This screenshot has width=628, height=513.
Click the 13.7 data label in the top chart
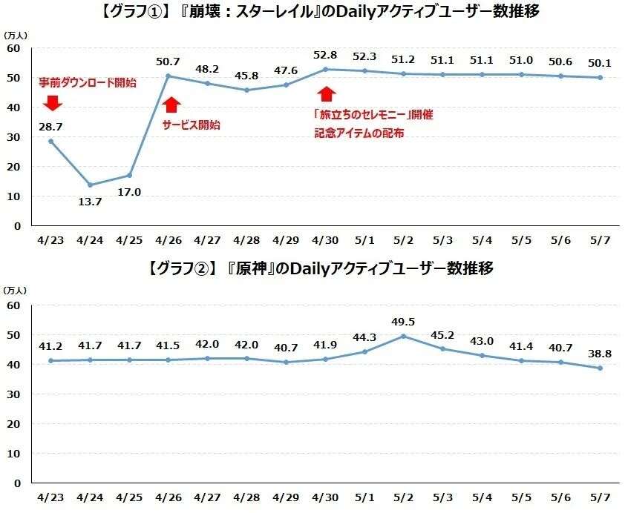click(x=90, y=201)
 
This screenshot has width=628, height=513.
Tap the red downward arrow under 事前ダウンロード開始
click(x=51, y=102)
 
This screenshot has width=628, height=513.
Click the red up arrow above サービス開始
click(x=171, y=105)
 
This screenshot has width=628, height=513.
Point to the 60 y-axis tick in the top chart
click(x=14, y=49)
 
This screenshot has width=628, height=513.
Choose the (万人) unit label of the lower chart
click(x=15, y=290)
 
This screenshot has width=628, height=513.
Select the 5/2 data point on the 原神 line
click(x=403, y=336)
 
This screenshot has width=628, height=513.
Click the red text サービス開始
click(x=191, y=125)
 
